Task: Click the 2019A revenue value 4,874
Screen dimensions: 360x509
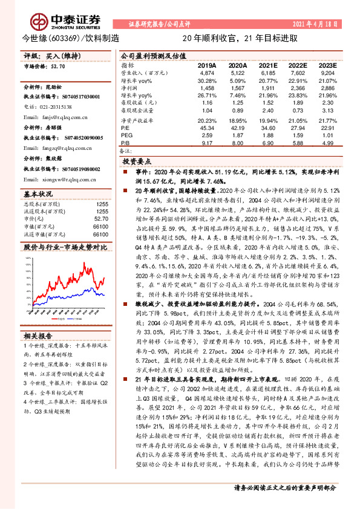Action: point(207,72)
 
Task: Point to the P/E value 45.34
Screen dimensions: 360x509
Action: point(207,128)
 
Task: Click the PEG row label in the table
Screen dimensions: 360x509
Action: point(126,135)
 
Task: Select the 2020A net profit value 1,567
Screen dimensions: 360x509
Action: point(237,88)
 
